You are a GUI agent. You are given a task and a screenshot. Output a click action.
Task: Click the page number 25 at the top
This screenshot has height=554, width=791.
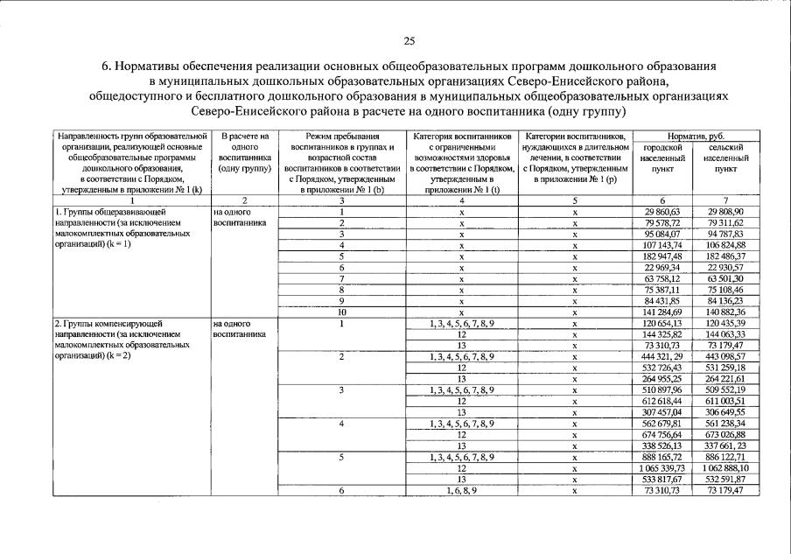pyautogui.click(x=409, y=40)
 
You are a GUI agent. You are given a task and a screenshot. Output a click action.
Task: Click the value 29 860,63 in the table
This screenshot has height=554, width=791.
pyautogui.click(x=662, y=212)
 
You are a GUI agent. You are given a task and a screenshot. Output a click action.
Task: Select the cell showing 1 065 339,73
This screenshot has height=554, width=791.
pyautogui.click(x=661, y=468)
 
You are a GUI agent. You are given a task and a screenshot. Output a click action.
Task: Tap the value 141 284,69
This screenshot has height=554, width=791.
pyautogui.click(x=662, y=312)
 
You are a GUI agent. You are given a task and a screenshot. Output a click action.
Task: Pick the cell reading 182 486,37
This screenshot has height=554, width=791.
pyautogui.click(x=724, y=256)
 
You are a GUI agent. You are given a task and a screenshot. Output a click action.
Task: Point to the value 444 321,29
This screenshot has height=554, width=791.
pyautogui.click(x=662, y=357)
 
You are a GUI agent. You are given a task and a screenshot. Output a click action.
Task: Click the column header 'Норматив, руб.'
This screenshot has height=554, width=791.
pyautogui.click(x=694, y=137)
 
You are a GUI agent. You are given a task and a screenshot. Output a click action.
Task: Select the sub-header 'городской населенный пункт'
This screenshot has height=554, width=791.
pyautogui.click(x=662, y=158)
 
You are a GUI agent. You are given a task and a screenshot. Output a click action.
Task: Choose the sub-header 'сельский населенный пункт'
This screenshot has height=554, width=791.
pyautogui.click(x=724, y=158)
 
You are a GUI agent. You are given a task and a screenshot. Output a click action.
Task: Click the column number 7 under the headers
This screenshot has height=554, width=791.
pyautogui.click(x=724, y=200)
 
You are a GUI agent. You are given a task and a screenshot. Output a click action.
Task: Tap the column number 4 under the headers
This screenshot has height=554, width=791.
pyautogui.click(x=461, y=200)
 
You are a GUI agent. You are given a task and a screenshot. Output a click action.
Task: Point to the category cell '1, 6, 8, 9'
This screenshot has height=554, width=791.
pyautogui.click(x=461, y=490)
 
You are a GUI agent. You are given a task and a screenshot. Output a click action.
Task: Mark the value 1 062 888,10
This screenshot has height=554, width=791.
pyautogui.click(x=724, y=468)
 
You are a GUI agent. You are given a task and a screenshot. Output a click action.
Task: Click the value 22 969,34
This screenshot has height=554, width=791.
pyautogui.click(x=662, y=267)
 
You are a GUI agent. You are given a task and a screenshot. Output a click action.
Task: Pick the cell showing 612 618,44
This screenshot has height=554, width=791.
pyautogui.click(x=662, y=401)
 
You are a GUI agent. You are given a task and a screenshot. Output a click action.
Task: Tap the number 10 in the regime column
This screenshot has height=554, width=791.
pyautogui.click(x=343, y=312)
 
